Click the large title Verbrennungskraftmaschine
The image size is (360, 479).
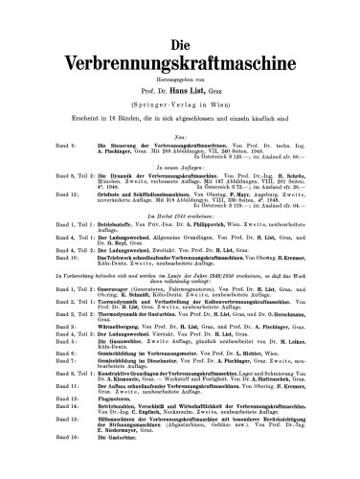pyautogui.click(x=180, y=46)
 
